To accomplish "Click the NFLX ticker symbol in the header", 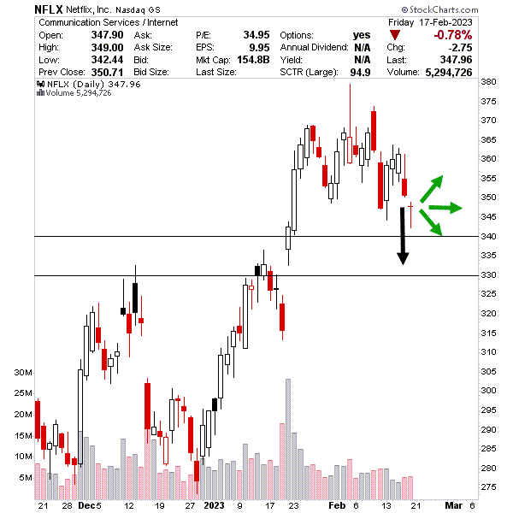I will click(47, 9).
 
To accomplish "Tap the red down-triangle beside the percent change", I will click(394, 34).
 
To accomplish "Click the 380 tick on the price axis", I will click(488, 82).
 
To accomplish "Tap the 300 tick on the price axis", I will click(488, 390).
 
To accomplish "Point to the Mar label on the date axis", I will click(453, 505).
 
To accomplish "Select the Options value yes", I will click(361, 34).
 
